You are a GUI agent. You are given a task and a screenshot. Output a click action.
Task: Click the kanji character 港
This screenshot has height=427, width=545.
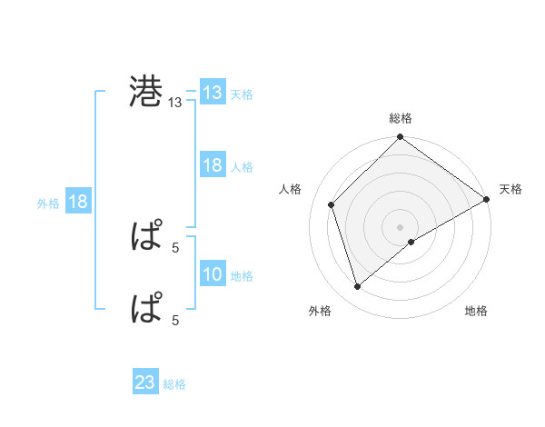(x=146, y=93)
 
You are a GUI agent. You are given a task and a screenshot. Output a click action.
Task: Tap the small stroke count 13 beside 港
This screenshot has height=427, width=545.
(x=175, y=104)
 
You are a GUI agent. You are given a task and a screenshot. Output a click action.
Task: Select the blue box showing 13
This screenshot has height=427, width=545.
(x=213, y=93)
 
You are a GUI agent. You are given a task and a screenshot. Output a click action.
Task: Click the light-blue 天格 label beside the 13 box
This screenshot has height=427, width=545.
(x=242, y=94)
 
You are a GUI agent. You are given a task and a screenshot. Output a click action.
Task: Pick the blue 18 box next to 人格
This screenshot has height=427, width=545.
(x=213, y=165)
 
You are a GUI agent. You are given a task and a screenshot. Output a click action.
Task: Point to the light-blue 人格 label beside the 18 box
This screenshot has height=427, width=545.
(x=242, y=166)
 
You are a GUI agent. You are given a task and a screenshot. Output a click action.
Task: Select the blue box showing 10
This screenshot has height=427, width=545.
(x=213, y=274)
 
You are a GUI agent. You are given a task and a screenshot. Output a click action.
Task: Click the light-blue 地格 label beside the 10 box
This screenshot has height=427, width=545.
(x=242, y=275)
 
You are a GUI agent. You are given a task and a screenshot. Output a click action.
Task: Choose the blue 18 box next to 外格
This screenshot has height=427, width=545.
(x=78, y=202)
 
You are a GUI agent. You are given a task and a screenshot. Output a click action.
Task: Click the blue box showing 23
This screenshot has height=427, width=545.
(x=145, y=383)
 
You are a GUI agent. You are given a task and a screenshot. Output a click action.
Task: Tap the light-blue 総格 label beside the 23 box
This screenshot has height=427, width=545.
(x=174, y=384)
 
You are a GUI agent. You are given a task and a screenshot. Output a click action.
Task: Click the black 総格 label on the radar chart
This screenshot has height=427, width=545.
(x=400, y=118)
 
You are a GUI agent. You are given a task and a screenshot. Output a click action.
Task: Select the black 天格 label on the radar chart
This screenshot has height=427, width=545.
(x=510, y=188)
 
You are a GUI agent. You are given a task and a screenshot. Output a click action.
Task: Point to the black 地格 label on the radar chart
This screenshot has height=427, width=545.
(x=476, y=311)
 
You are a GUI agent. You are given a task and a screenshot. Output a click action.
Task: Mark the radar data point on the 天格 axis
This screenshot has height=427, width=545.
(x=487, y=199)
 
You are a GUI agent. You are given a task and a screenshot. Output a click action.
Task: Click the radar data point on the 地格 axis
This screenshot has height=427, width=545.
(x=411, y=242)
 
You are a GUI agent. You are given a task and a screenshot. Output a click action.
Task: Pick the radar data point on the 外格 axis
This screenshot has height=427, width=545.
(x=358, y=287)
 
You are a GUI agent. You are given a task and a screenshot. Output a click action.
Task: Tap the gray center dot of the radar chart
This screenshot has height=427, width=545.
(x=400, y=226)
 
